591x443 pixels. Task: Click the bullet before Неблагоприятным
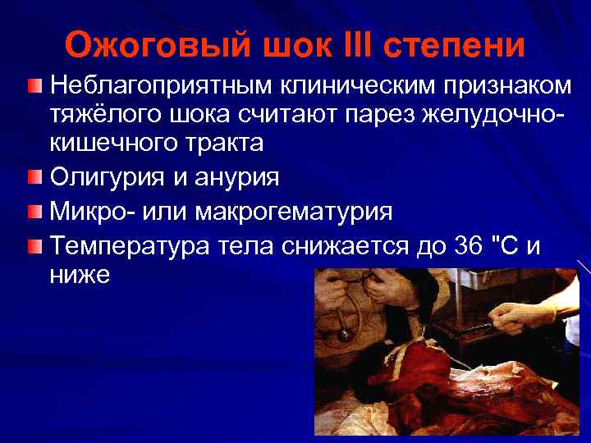tap(34, 85)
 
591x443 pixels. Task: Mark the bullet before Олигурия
tap(34, 178)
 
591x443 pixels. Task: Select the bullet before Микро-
tap(34, 212)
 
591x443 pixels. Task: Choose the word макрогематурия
tap(294, 212)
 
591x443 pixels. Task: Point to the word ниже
tap(80, 275)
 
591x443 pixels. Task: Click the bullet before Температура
tap(34, 246)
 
